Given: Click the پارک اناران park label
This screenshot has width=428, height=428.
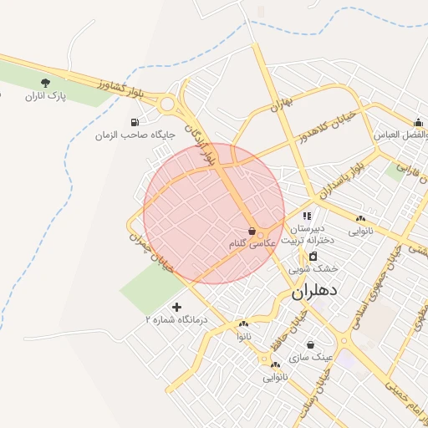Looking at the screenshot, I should (x=45, y=98).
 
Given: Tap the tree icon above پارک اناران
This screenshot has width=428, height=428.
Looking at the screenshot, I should (x=45, y=83).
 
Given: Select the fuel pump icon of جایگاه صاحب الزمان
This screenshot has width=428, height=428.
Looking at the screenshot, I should (x=135, y=122).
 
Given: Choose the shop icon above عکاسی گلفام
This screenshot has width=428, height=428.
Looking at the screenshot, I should (x=252, y=231).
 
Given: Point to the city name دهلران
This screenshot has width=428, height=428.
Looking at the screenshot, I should (x=314, y=294).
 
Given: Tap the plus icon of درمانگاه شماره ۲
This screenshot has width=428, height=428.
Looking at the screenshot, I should (x=176, y=307).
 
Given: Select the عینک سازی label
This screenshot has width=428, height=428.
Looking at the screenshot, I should (x=311, y=357).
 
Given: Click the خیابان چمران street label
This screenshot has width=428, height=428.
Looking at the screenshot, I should (x=151, y=250).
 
